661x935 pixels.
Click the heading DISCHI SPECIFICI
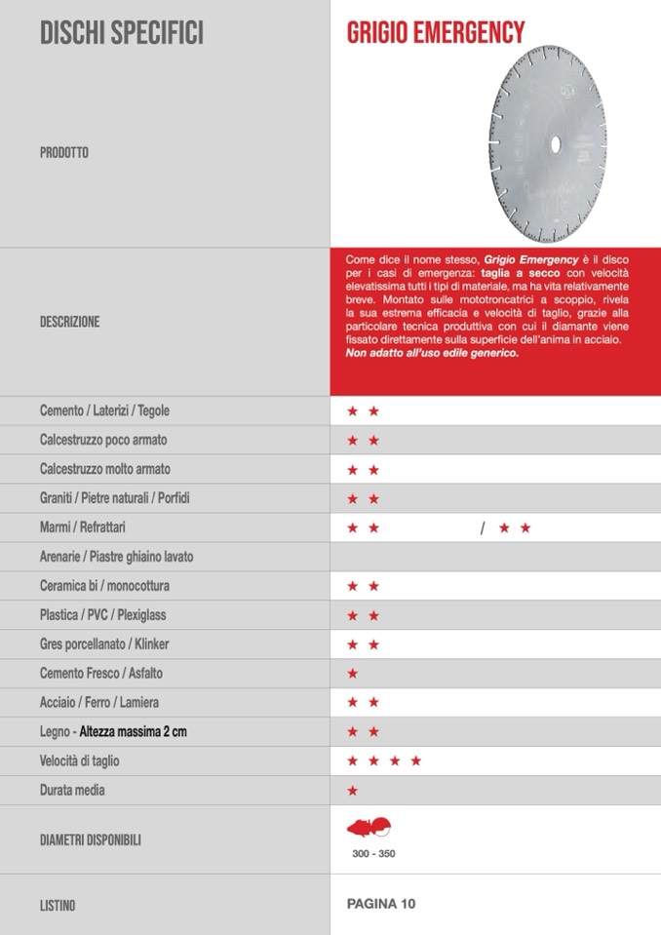tap(122, 34)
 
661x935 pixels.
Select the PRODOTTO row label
tap(64, 153)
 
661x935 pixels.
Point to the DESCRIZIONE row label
tap(69, 322)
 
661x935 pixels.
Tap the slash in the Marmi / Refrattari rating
tap(482, 528)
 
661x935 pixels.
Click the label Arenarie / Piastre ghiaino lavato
tap(116, 557)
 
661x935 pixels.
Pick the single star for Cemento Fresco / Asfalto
tap(353, 674)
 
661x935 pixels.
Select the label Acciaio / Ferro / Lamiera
tap(99, 702)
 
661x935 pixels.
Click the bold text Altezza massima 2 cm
tap(133, 731)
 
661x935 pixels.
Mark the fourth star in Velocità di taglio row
tap(416, 760)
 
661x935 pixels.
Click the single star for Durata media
tap(353, 790)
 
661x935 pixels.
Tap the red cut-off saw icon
tap(369, 828)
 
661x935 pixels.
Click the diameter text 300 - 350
tap(374, 854)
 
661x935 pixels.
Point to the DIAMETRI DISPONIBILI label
tap(91, 838)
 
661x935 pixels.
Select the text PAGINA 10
tap(381, 904)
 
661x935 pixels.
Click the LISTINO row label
tap(58, 906)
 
